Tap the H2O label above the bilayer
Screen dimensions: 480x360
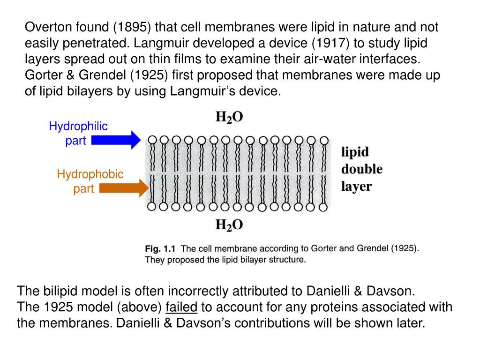pos(229,117)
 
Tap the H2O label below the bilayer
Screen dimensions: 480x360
pos(229,225)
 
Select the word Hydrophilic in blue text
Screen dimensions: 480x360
pos(78,126)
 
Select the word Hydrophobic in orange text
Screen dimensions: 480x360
pos(90,174)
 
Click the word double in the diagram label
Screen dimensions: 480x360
pos(361,169)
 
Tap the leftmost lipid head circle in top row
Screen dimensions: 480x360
pos(151,140)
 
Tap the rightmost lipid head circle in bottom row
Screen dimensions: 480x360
pos(324,206)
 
